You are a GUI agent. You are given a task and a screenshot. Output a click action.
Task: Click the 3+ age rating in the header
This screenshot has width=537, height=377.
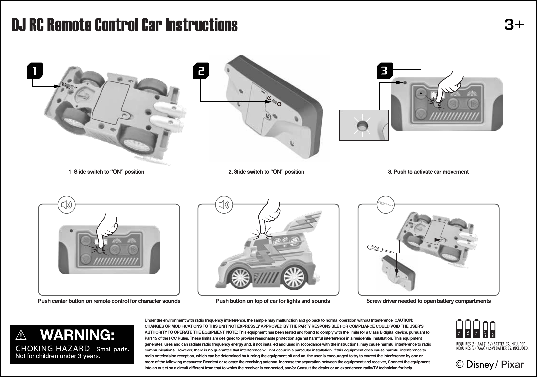(x=514, y=25)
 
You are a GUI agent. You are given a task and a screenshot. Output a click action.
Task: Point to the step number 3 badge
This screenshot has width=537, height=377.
(x=384, y=71)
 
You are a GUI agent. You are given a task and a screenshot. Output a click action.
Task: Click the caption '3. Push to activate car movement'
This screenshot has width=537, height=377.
(x=428, y=172)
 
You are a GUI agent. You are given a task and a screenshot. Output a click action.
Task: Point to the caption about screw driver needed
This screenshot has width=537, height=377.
(x=428, y=301)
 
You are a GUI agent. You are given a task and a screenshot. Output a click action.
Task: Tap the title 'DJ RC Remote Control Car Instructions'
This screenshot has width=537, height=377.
(x=125, y=25)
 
